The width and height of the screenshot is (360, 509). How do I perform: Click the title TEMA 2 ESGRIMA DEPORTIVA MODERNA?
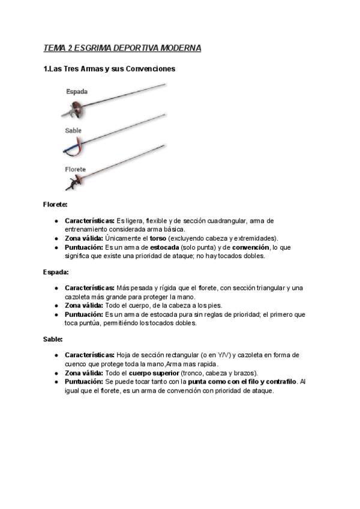coord(122,47)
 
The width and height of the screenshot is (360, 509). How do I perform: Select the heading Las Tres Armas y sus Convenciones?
coord(110,69)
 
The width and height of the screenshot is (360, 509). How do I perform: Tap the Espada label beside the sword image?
coord(77,92)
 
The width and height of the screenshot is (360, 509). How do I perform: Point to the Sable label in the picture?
coord(73,130)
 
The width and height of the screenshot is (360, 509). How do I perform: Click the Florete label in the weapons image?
coord(75,169)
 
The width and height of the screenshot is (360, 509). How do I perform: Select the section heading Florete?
coord(55,204)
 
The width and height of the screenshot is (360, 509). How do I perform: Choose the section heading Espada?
coord(56,271)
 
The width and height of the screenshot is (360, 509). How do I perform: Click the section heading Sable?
coord(53,339)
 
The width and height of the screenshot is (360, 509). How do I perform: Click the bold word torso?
coord(158,238)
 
